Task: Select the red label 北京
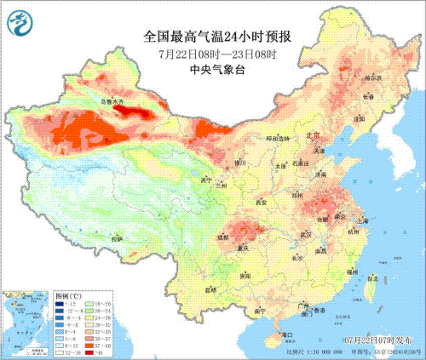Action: coord(314,135)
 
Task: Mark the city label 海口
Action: coord(287,334)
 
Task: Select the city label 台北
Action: coord(371,278)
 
